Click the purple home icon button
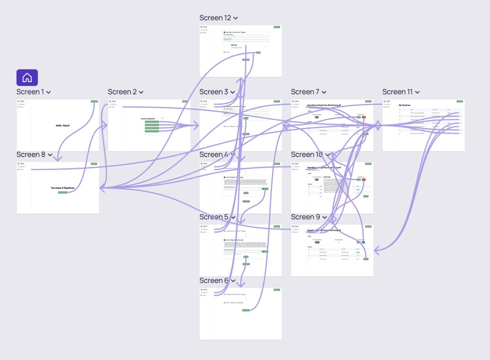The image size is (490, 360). click(x=27, y=78)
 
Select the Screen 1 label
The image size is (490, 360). click(x=30, y=92)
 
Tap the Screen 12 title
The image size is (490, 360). click(x=215, y=18)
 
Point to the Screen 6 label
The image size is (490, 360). click(x=214, y=281)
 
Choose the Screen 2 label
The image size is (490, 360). click(x=122, y=92)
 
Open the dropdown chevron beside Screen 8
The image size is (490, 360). click(x=50, y=155)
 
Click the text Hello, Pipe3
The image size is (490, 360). click(x=62, y=125)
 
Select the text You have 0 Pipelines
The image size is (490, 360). click(x=62, y=188)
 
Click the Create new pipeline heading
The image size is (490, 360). click(x=148, y=119)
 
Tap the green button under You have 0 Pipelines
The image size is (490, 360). click(x=62, y=192)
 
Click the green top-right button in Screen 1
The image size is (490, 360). click(x=94, y=101)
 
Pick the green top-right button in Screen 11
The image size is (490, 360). click(x=460, y=101)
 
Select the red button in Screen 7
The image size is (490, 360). click(x=363, y=117)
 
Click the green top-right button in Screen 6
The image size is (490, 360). click(x=277, y=290)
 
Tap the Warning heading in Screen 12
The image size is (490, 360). click(x=234, y=45)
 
